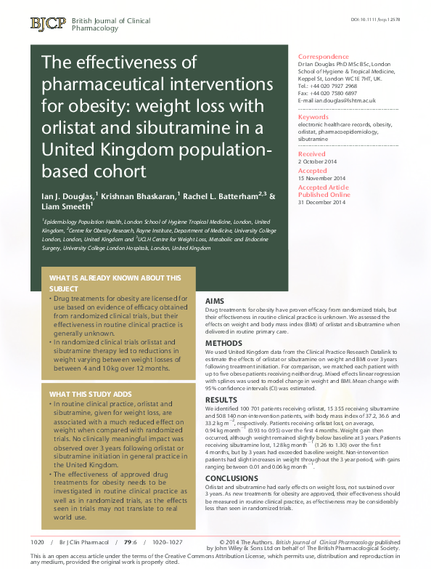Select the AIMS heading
[x=215, y=300]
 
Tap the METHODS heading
[x=223, y=342]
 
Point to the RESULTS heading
[x=221, y=400]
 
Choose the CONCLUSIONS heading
[x=231, y=478]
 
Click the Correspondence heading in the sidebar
[x=323, y=57]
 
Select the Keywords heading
[x=313, y=117]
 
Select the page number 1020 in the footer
[x=38, y=542]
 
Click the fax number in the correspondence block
[x=337, y=93]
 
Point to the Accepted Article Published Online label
[x=324, y=191]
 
